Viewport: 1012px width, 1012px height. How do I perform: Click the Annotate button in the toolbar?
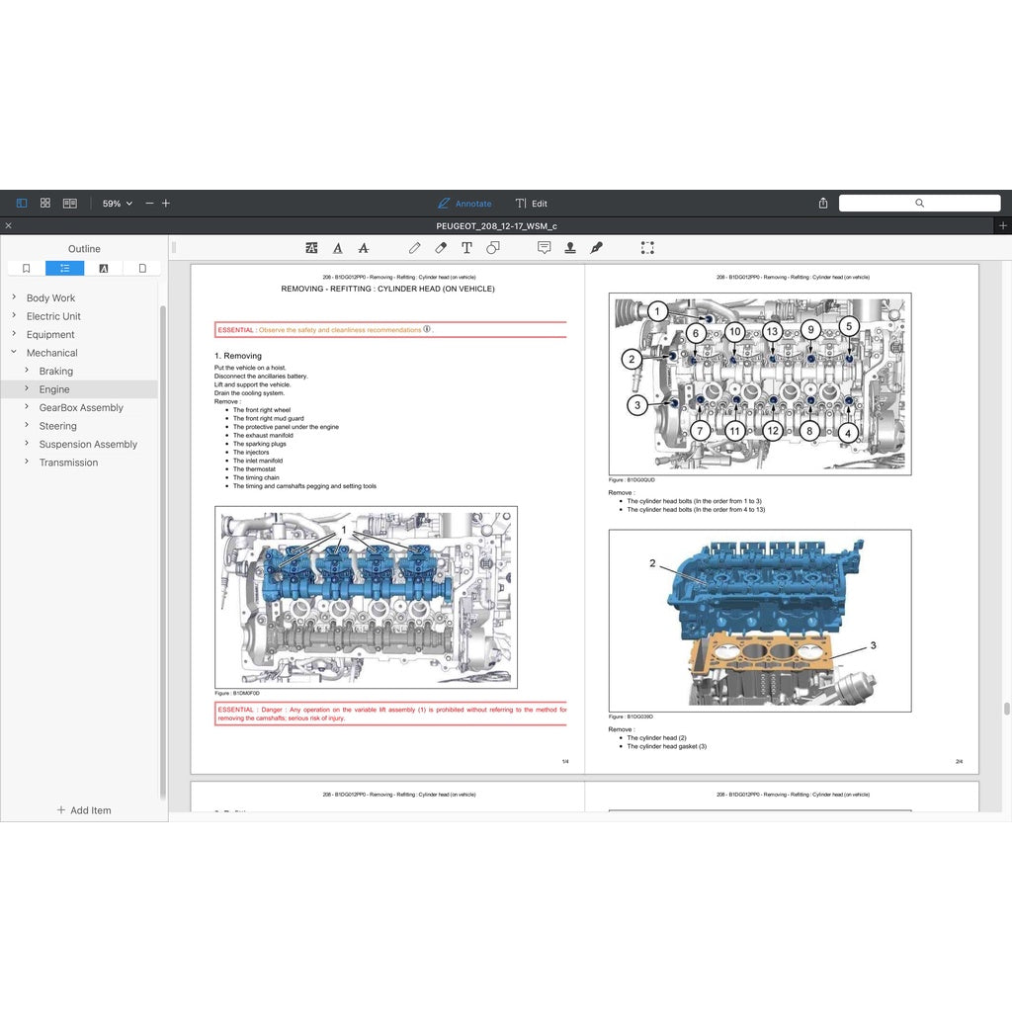pyautogui.click(x=464, y=204)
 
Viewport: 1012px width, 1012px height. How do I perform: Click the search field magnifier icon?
pyautogui.click(x=919, y=203)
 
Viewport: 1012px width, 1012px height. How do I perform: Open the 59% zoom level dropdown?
pyautogui.click(x=117, y=204)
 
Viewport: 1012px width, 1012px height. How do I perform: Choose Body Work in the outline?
pyautogui.click(x=50, y=297)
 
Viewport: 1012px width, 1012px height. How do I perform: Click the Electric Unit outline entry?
pyautogui.click(x=53, y=316)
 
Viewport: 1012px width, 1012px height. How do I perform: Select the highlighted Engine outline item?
pyautogui.click(x=54, y=389)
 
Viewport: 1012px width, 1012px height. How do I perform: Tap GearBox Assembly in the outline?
pyautogui.click(x=81, y=407)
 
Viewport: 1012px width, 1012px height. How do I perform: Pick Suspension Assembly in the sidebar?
pyautogui.click(x=88, y=444)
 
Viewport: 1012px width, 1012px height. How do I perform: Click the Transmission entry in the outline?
pyautogui.click(x=68, y=463)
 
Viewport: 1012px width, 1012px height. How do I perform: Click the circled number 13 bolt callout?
pyautogui.click(x=772, y=331)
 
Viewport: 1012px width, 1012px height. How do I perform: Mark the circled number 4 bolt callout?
pyautogui.click(x=848, y=432)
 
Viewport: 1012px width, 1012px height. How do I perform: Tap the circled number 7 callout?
pyautogui.click(x=699, y=431)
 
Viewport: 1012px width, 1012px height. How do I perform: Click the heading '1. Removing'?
pyautogui.click(x=238, y=356)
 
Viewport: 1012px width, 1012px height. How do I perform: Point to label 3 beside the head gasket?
pyautogui.click(x=873, y=645)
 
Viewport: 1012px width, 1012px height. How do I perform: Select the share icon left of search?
pyautogui.click(x=823, y=203)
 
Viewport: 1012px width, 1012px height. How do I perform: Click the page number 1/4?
pyautogui.click(x=565, y=761)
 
